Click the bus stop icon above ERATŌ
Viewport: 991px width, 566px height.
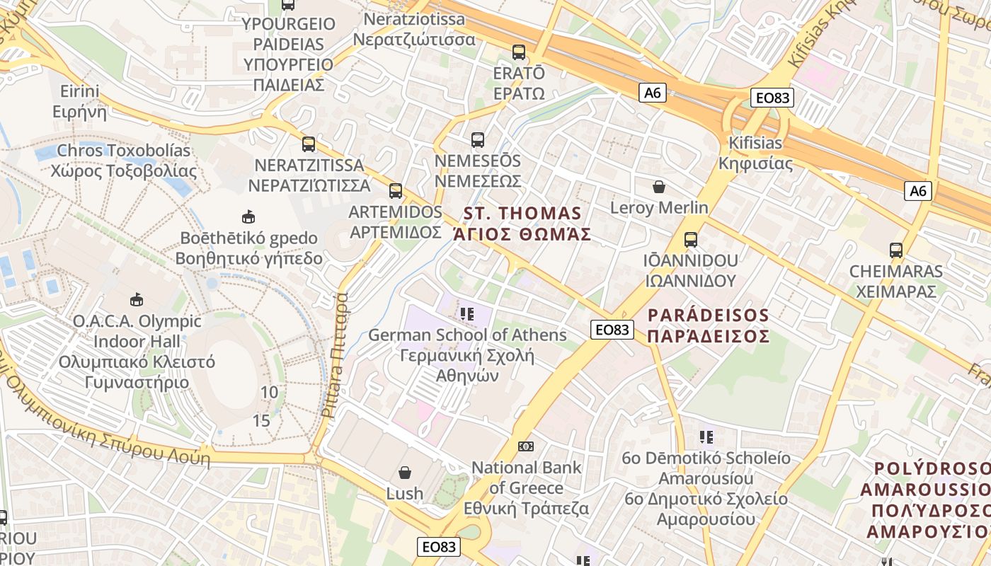(x=519, y=52)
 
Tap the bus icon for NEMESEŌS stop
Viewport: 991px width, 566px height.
(x=478, y=140)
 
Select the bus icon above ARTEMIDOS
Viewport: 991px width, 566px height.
(x=396, y=191)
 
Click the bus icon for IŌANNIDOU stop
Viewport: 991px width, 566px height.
(x=690, y=240)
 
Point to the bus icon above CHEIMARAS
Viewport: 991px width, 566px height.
(x=896, y=250)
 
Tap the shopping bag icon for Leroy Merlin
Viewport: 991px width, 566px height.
(x=659, y=187)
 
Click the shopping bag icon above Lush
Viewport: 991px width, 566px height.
(x=405, y=472)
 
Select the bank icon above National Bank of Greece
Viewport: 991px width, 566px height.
(x=526, y=446)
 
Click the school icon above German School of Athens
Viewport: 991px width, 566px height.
(x=466, y=313)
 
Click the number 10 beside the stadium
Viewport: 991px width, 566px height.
(x=269, y=393)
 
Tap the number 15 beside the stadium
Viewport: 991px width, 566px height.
(x=261, y=421)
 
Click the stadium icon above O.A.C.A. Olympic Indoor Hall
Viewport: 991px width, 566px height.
(x=137, y=300)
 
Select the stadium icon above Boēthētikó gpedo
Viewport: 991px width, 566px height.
(x=248, y=216)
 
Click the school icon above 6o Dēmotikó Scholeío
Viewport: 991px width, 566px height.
(x=706, y=437)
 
